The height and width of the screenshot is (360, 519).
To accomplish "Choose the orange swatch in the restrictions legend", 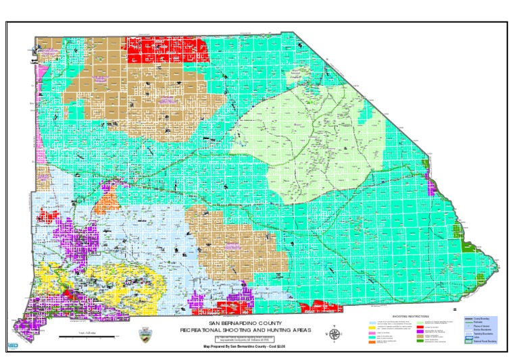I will coord(372,343).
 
